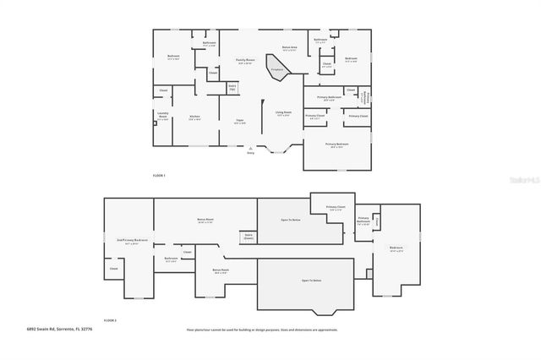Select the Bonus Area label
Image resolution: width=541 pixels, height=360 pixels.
tap(289, 48)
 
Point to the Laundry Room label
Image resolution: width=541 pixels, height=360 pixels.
tap(164, 117)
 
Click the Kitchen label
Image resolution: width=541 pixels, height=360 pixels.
tap(194, 117)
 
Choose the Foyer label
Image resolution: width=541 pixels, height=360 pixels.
tap(239, 121)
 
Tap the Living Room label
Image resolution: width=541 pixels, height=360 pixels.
tap(282, 112)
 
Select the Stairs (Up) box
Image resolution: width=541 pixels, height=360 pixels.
tap(232, 86)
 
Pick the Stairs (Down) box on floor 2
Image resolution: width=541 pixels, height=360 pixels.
tap(249, 237)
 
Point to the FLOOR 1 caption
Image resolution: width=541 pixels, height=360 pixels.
tap(159, 174)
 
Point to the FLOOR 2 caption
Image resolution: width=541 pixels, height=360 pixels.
tap(110, 320)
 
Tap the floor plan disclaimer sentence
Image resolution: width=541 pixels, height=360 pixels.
tap(262, 330)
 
